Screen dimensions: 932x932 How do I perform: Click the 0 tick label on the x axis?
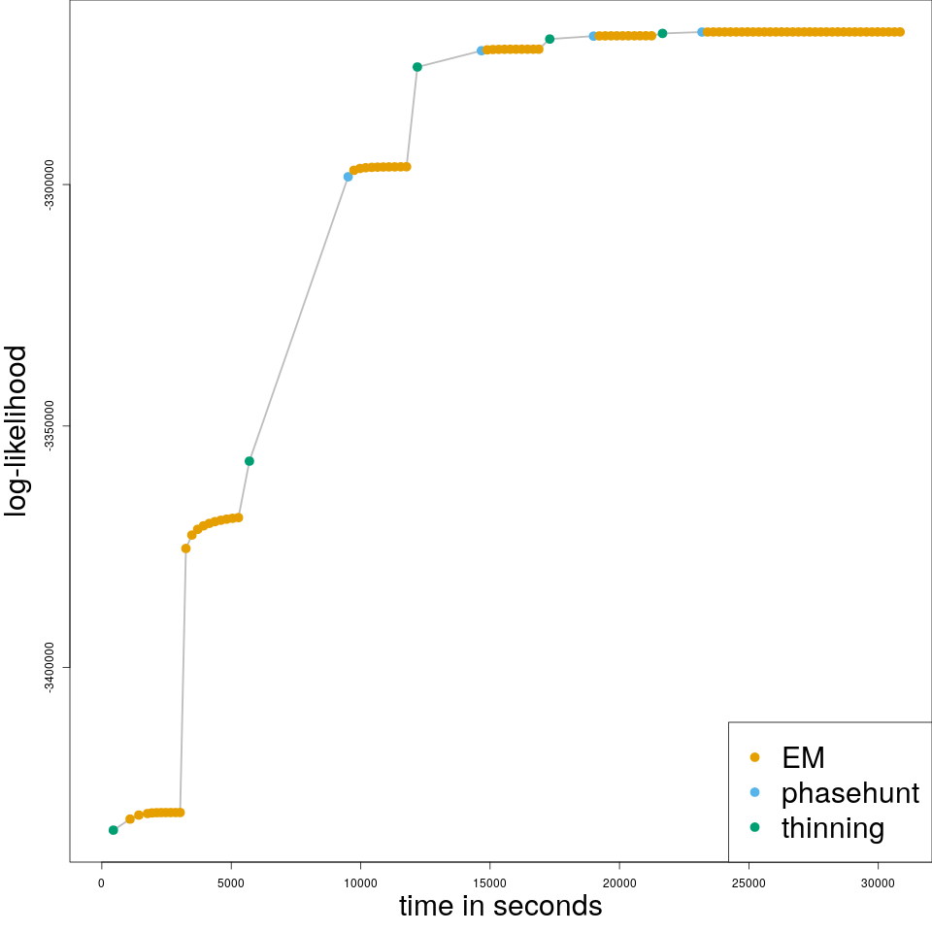[101, 882]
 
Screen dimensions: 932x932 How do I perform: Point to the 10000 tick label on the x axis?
[360, 882]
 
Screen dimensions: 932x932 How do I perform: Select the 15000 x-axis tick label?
[489, 882]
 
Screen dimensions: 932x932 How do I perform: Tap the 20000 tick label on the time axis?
[619, 882]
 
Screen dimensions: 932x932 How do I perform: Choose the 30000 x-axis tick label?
[878, 882]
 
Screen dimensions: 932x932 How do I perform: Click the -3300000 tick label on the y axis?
[49, 184]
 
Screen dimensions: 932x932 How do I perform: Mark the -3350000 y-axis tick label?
[49, 426]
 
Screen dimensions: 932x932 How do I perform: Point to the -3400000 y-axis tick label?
[49, 667]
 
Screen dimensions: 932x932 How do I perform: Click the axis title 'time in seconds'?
[500, 907]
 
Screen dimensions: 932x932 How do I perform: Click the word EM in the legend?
[803, 757]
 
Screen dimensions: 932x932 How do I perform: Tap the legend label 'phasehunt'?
[849, 793]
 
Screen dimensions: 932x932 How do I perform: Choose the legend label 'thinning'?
[833, 828]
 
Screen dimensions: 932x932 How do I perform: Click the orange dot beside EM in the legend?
[755, 757]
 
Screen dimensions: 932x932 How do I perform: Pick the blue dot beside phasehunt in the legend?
[755, 792]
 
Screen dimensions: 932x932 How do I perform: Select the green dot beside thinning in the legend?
[755, 827]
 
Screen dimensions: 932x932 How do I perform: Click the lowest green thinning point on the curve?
[114, 830]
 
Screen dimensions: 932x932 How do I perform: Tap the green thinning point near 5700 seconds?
[250, 461]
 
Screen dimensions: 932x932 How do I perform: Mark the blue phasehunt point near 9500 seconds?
[348, 177]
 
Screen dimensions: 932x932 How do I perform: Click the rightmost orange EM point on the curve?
[900, 32]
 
